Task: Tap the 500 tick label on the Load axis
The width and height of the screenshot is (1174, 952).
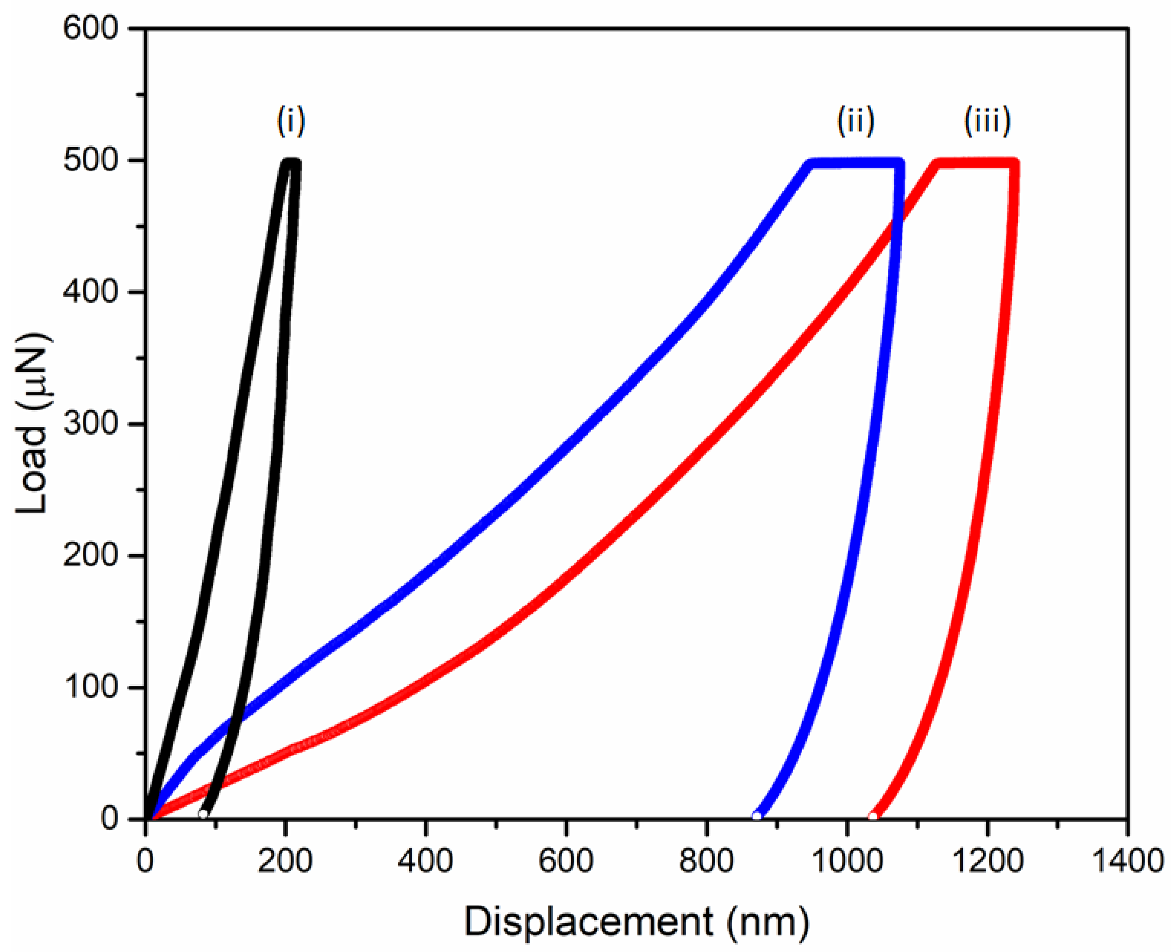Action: tap(90, 161)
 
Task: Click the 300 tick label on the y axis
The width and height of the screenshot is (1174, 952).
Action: tap(90, 424)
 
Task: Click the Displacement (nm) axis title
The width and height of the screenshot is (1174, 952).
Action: tap(636, 922)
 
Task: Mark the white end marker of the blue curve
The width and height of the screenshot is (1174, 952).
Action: tap(757, 816)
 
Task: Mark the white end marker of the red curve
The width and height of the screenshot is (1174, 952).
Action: tap(872, 816)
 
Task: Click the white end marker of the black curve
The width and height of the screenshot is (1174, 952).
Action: tap(203, 814)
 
